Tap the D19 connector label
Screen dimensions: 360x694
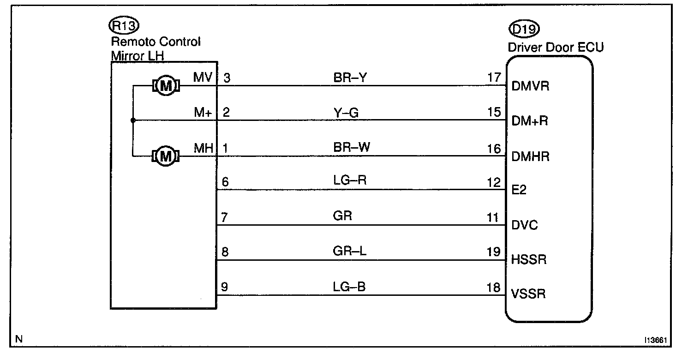pos(524,30)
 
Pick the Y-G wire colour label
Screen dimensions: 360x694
pos(346,112)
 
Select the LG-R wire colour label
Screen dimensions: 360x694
pos(350,180)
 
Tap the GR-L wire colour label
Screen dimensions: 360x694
pos(349,252)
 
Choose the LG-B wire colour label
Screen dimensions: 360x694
pos(349,287)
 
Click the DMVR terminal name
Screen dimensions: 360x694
pos(531,86)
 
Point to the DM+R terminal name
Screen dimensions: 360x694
pos(531,121)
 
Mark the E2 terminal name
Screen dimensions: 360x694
pos(519,191)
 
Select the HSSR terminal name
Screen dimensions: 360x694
pos(529,260)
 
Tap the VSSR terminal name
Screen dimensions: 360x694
pos(529,294)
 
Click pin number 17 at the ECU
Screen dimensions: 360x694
pos(494,77)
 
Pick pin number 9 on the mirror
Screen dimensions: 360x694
pos(224,287)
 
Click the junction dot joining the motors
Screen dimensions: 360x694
pos(132,120)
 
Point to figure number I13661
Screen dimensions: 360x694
pos(657,340)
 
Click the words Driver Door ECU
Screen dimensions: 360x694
pos(556,47)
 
